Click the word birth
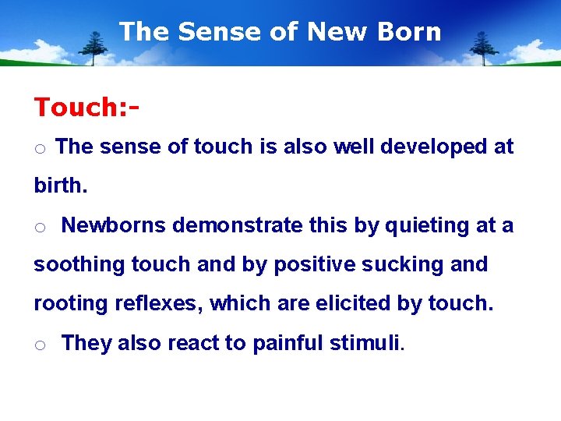(x=58, y=186)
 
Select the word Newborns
(x=114, y=225)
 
